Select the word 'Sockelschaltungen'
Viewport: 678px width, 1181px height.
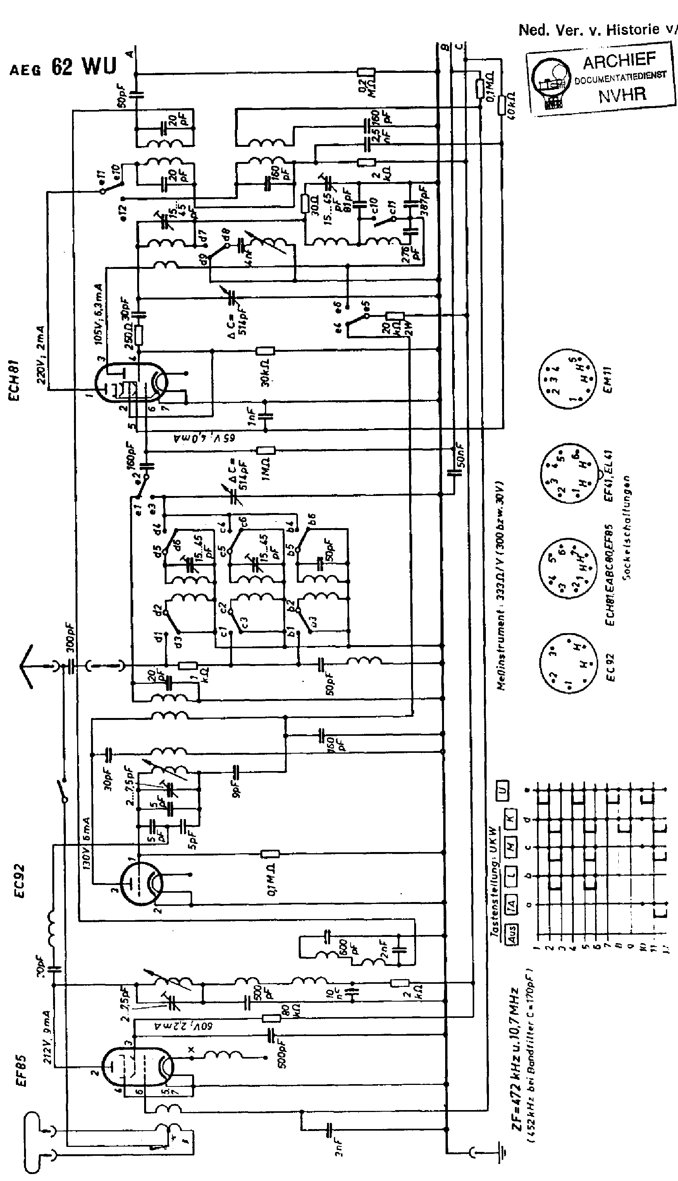[627, 527]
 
